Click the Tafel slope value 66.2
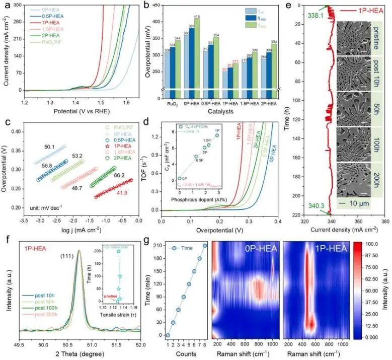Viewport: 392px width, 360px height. pyautogui.click(x=119, y=175)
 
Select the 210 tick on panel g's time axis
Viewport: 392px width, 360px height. pyautogui.click(x=155, y=246)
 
